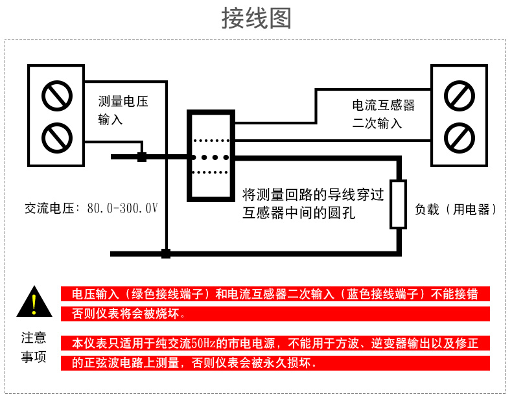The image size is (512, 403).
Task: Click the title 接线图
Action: [256, 18]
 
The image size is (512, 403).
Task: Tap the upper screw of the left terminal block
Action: [56, 96]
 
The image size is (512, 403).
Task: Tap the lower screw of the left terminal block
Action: [56, 137]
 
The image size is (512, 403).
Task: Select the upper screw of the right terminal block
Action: [459, 95]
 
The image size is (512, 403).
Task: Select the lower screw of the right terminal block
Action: [459, 136]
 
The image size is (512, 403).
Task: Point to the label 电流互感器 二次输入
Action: [383, 113]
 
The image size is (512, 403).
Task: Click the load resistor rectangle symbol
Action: [397, 205]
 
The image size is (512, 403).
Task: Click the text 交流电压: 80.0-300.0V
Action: [91, 209]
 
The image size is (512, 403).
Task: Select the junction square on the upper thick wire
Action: [142, 157]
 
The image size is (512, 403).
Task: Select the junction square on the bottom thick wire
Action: [166, 253]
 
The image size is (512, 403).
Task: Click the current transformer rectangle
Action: [209, 155]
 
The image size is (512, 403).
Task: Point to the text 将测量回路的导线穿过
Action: [314, 194]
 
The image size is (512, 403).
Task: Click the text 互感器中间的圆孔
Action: [298, 212]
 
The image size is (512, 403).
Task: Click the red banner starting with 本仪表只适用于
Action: [275, 343]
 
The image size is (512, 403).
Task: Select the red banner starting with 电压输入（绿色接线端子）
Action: [275, 294]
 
